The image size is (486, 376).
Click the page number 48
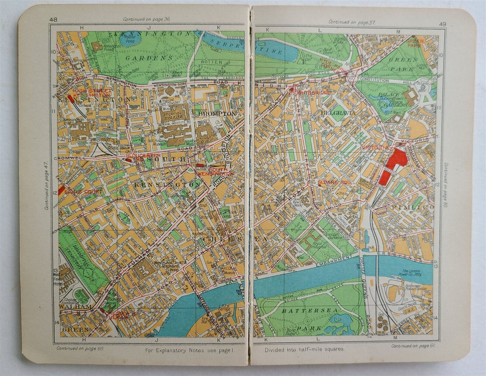coord(53,20)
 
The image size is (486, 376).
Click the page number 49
coord(442,23)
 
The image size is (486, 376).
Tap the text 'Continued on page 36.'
coord(147,20)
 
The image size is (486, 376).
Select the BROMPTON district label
coord(217,114)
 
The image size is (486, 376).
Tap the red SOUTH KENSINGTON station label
coord(216,172)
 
